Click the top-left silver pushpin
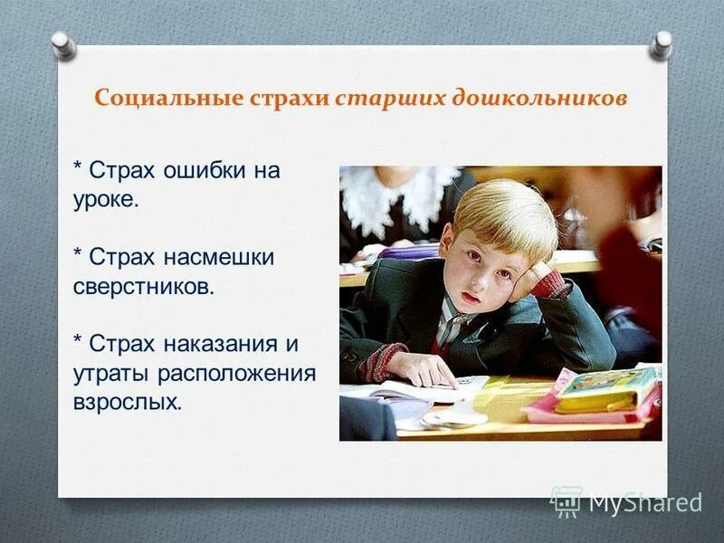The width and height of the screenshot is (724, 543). click(x=62, y=44)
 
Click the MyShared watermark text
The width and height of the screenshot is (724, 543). click(x=644, y=503)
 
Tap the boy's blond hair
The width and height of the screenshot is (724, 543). click(x=503, y=213)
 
